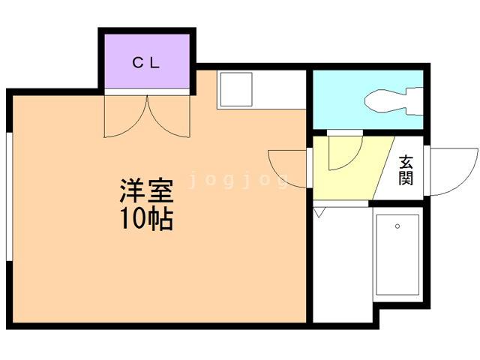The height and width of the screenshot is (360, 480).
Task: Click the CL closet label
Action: pyautogui.click(x=146, y=63)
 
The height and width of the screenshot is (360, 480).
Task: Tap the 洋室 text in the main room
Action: pyautogui.click(x=146, y=192)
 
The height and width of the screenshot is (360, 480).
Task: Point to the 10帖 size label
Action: pyautogui.click(x=146, y=219)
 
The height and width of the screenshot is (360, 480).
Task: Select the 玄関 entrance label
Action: pyautogui.click(x=406, y=170)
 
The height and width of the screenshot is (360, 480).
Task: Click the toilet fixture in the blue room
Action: pyautogui.click(x=390, y=99)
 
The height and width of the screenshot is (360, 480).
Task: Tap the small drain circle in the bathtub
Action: pyautogui.click(x=397, y=226)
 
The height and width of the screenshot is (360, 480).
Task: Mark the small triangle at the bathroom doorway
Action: pyautogui.click(x=318, y=212)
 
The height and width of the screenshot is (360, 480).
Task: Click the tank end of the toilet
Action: pyautogui.click(x=415, y=99)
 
